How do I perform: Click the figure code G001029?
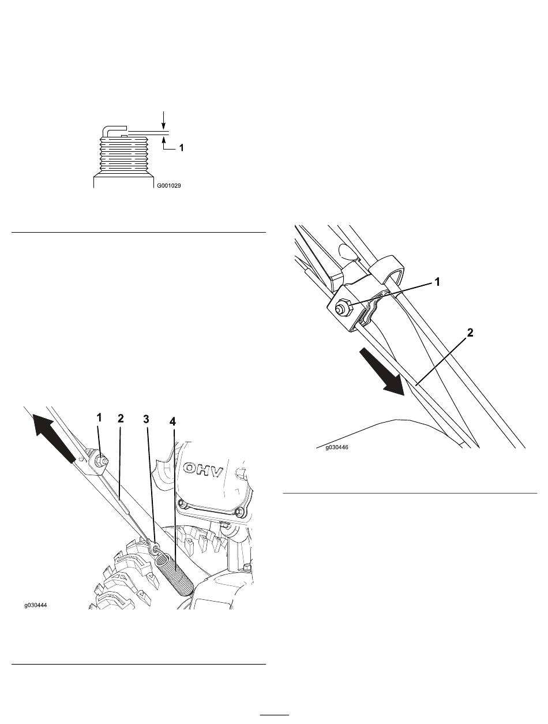tap(168, 186)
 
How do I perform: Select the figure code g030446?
tap(337, 447)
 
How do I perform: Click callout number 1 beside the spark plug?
tap(181, 147)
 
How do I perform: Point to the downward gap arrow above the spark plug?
tap(163, 121)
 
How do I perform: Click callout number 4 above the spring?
tap(172, 421)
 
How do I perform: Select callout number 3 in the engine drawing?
tap(146, 419)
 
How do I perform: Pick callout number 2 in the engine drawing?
tap(121, 419)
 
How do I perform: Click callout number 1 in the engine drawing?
tap(99, 417)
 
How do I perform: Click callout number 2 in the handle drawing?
tap(471, 333)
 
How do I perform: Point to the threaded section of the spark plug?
tap(124, 155)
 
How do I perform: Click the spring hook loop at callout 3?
tap(154, 548)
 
